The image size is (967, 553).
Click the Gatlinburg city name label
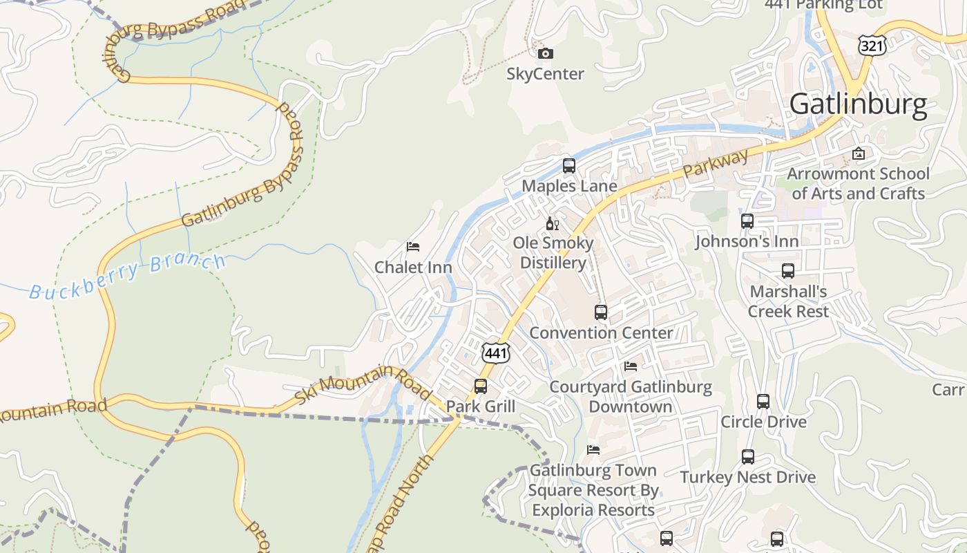tap(858, 104)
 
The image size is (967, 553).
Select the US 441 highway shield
tap(496, 353)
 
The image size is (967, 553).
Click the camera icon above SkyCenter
tap(545, 54)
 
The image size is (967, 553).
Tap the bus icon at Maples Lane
tap(569, 166)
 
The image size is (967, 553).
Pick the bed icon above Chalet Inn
tap(413, 247)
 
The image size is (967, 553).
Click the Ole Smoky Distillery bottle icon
tap(553, 223)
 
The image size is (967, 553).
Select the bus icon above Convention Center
tap(601, 312)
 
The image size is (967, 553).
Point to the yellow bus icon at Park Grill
tap(481, 386)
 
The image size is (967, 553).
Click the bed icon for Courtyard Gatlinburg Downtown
tap(630, 366)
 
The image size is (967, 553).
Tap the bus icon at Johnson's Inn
tap(747, 221)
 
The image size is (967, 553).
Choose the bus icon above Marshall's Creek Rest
tap(788, 271)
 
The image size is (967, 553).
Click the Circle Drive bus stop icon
tap(763, 402)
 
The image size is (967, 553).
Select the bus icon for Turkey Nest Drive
tap(748, 457)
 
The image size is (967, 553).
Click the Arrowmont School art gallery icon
tap(859, 153)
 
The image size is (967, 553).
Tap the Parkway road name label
tap(716, 166)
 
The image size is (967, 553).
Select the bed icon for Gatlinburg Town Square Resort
tap(593, 450)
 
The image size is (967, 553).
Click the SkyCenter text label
tap(545, 74)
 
